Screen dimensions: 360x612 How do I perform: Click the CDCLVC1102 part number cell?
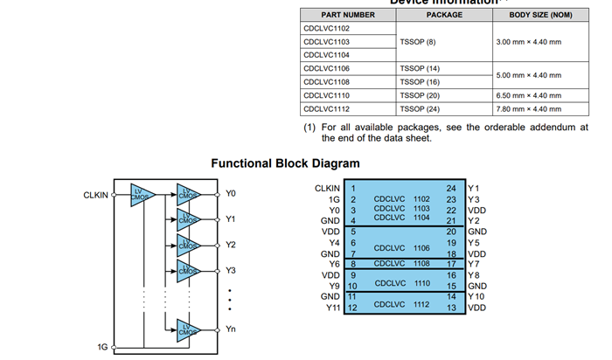327,28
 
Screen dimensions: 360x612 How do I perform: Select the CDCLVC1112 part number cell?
327,108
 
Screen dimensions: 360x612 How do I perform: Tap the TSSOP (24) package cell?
419,108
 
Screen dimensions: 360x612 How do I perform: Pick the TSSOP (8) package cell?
417,41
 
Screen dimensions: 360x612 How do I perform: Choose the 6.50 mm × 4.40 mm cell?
528,95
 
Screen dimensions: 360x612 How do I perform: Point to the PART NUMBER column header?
348,15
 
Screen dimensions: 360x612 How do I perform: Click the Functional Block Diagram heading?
285,163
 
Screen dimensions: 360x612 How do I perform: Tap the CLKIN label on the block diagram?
95,195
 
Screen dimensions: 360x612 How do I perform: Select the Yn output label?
231,329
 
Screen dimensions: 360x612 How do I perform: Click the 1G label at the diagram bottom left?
102,347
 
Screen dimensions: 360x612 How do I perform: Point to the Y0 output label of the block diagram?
231,193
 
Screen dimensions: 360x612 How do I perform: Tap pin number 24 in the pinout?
451,188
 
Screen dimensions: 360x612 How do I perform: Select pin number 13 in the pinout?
451,308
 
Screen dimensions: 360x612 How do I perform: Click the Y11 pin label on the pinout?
332,308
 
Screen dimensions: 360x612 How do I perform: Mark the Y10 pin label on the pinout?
477,296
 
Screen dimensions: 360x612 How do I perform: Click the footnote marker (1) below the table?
309,128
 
